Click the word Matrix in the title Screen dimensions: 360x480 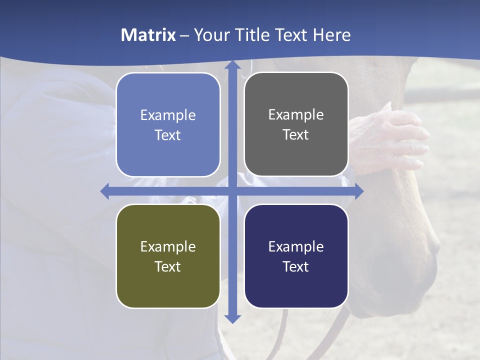pos(148,35)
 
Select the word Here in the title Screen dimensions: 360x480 pos(331,35)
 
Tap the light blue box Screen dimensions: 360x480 pos(168,124)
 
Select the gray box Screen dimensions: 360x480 pos(296,124)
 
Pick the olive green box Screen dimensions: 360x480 pos(168,256)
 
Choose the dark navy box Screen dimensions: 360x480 pos(296,256)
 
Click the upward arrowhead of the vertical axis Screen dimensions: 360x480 pos(232,65)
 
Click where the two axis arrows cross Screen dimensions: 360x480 pos(232,191)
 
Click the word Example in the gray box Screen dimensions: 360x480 pos(296,115)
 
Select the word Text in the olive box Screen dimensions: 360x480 pos(168,266)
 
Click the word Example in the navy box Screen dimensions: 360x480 pos(296,246)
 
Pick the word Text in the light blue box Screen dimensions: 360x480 pos(168,135)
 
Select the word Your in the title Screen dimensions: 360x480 pos(209,35)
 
